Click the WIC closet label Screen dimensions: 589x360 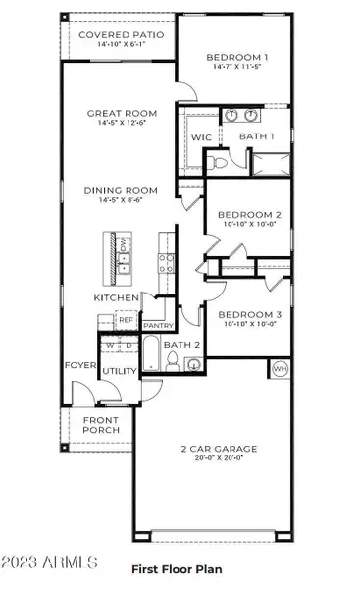pyautogui.click(x=202, y=138)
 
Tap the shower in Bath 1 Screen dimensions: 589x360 pyautogui.click(x=272, y=162)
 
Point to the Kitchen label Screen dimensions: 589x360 pyautogui.click(x=115, y=297)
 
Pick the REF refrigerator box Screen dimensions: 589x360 pyautogui.click(x=127, y=319)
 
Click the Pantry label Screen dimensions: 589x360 pyautogui.click(x=157, y=325)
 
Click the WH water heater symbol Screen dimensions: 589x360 pyautogui.click(x=280, y=370)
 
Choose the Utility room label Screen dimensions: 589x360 pyautogui.click(x=119, y=371)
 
